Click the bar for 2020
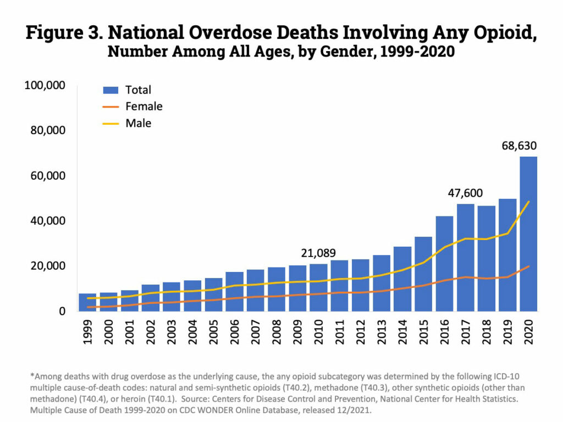point(528,236)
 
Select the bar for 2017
point(465,258)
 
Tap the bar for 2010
point(318,288)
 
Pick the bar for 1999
point(87,303)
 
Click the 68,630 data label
point(519,146)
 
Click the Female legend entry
point(143,106)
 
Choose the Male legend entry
point(138,123)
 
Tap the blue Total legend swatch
point(111,89)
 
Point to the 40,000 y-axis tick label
point(48,221)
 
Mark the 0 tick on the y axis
point(62,311)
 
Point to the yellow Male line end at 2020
point(528,202)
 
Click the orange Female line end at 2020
point(528,266)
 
